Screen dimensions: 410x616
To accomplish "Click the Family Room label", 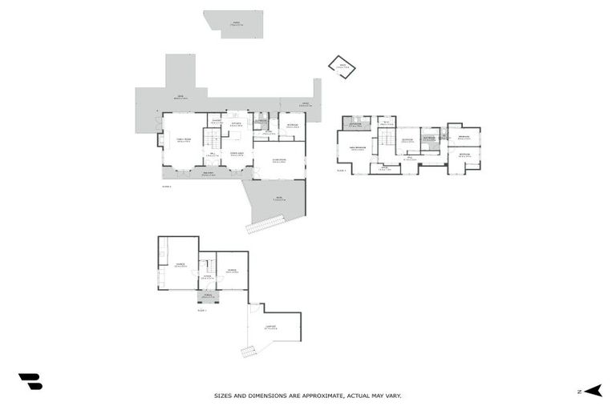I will [x=183, y=139].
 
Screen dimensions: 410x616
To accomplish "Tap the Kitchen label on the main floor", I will [x=237, y=124].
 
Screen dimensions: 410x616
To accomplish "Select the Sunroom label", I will [x=279, y=160].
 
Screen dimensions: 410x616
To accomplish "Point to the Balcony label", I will [x=208, y=173].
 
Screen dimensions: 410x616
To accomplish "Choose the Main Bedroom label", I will [x=357, y=149].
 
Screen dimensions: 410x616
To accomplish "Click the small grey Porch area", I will [x=207, y=297].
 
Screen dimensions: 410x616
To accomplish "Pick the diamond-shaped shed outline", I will [x=340, y=66].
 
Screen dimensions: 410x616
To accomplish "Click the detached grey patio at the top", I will [x=233, y=23].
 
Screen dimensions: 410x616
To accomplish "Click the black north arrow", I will [x=593, y=391].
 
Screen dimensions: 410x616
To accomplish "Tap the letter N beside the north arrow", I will [x=578, y=392].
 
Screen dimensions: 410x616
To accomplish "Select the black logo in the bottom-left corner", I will [x=30, y=382].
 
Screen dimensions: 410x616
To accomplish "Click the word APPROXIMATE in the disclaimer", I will [x=317, y=396].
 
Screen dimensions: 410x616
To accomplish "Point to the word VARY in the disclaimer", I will [x=392, y=396].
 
